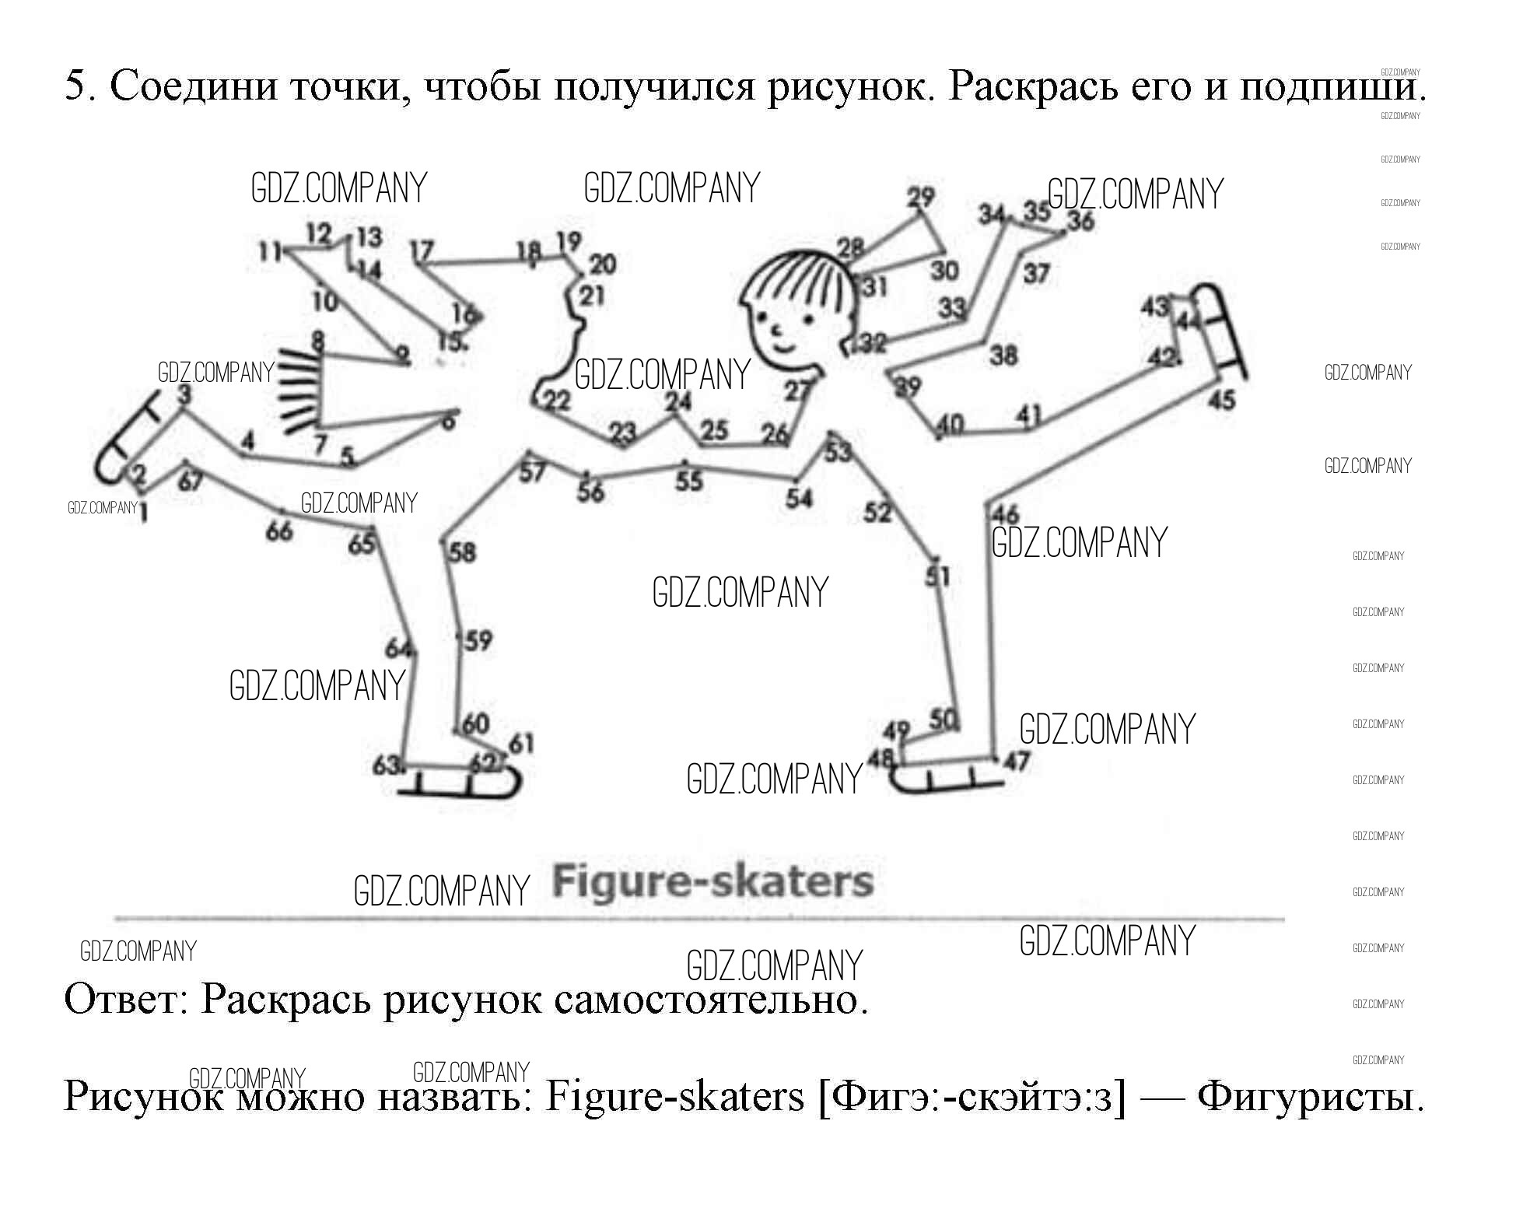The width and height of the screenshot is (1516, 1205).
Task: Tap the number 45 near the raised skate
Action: click(x=1222, y=400)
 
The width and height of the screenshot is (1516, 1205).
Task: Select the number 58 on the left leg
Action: click(x=463, y=552)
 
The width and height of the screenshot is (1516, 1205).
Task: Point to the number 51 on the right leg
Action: click(x=937, y=576)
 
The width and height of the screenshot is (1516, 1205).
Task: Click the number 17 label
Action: click(x=421, y=250)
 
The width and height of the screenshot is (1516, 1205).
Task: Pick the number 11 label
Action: click(x=270, y=251)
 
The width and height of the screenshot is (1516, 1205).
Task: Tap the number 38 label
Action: click(x=1003, y=356)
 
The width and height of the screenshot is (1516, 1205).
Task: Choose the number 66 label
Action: click(x=279, y=531)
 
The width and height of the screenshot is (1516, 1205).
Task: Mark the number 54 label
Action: click(x=799, y=498)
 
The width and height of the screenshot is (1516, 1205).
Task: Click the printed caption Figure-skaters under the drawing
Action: click(x=712, y=882)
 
